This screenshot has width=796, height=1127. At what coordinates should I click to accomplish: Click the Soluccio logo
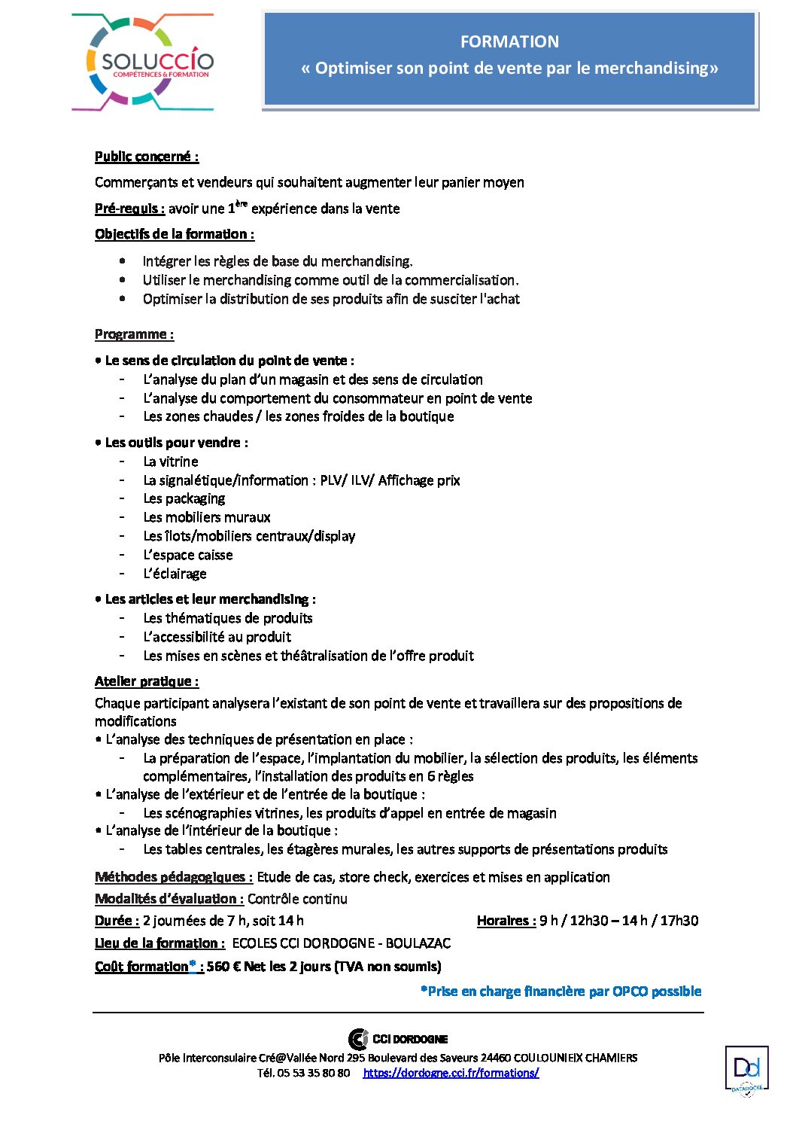pyautogui.click(x=143, y=62)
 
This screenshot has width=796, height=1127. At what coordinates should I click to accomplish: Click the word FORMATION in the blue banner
pyautogui.click(x=509, y=42)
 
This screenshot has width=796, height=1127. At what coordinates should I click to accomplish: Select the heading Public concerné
pyautogui.click(x=146, y=157)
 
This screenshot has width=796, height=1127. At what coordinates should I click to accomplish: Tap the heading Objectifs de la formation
pyautogui.click(x=174, y=234)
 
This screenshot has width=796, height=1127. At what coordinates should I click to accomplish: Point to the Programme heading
pyautogui.click(x=134, y=334)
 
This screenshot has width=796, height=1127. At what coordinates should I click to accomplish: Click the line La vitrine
pyautogui.click(x=171, y=461)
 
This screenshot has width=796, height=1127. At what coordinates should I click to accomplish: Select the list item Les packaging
pyautogui.click(x=184, y=498)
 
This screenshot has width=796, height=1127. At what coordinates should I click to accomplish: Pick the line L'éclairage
pyautogui.click(x=175, y=574)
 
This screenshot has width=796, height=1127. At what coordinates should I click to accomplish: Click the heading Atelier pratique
pyautogui.click(x=146, y=681)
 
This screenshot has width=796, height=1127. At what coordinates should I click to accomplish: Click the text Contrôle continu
pyautogui.click(x=297, y=899)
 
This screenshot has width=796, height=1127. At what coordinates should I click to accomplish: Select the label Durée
pyautogui.click(x=117, y=921)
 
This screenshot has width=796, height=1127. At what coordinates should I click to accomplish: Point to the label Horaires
pyautogui.click(x=506, y=921)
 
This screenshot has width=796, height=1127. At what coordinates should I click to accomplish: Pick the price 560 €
pyautogui.click(x=223, y=967)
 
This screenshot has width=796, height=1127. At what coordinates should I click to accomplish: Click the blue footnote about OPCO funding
pyautogui.click(x=561, y=991)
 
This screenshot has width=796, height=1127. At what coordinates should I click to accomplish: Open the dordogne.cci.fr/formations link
pyautogui.click(x=451, y=1073)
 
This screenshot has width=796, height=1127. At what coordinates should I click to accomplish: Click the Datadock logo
pyautogui.click(x=746, y=1070)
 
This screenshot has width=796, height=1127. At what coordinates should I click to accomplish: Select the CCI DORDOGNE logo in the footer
pyautogui.click(x=398, y=1039)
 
